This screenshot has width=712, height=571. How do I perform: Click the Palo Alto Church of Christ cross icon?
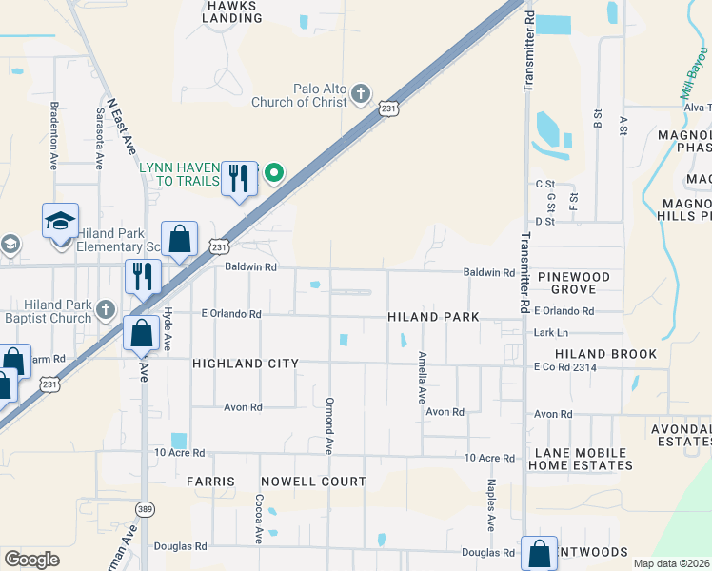360,92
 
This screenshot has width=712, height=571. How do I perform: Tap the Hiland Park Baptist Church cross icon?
105,310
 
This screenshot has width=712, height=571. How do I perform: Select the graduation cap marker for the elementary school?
61,223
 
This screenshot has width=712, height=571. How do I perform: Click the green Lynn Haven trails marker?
274,172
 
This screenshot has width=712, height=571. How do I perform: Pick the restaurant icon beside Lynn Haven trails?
239,177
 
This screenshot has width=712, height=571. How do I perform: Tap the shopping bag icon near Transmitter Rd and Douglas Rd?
539,553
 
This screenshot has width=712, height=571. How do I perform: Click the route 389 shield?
145,509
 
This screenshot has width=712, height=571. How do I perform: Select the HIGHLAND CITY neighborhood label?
246,364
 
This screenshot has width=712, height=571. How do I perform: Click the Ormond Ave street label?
329,425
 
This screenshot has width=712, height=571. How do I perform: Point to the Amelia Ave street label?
422,377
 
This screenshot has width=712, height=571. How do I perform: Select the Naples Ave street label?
492,504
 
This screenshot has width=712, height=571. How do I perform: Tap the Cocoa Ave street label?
258,518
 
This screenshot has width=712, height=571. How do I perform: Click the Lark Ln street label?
551,333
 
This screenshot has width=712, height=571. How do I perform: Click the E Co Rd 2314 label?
564,366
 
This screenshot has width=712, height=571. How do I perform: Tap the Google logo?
31,560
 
